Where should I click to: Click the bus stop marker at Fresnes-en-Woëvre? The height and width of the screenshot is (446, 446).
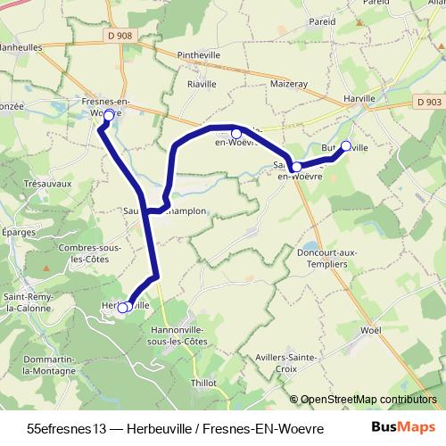[x=109, y=115]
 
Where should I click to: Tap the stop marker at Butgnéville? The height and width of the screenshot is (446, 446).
[x=346, y=146]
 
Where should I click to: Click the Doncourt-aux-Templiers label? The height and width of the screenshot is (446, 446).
[x=326, y=259]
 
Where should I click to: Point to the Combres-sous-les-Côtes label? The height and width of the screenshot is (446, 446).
[x=88, y=253]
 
